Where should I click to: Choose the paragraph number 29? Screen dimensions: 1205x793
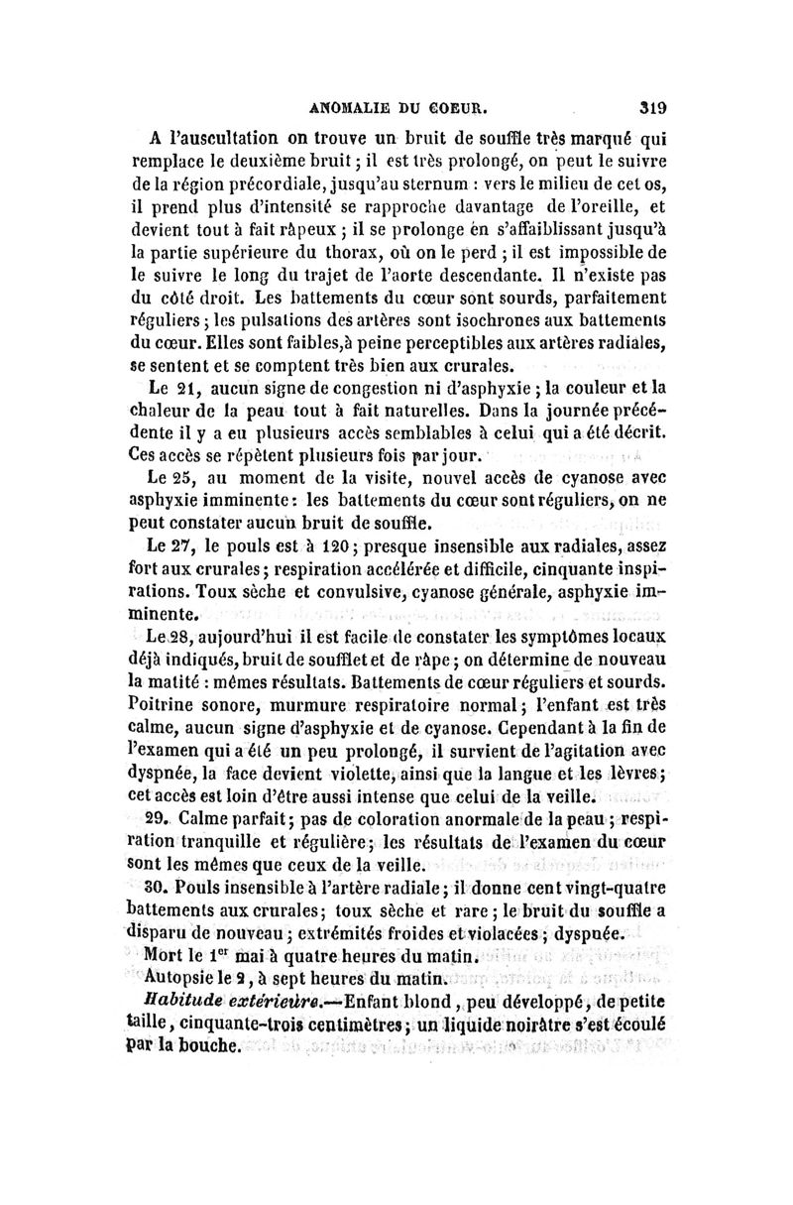(x=162, y=819)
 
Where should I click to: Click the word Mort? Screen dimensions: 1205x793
(x=168, y=959)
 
